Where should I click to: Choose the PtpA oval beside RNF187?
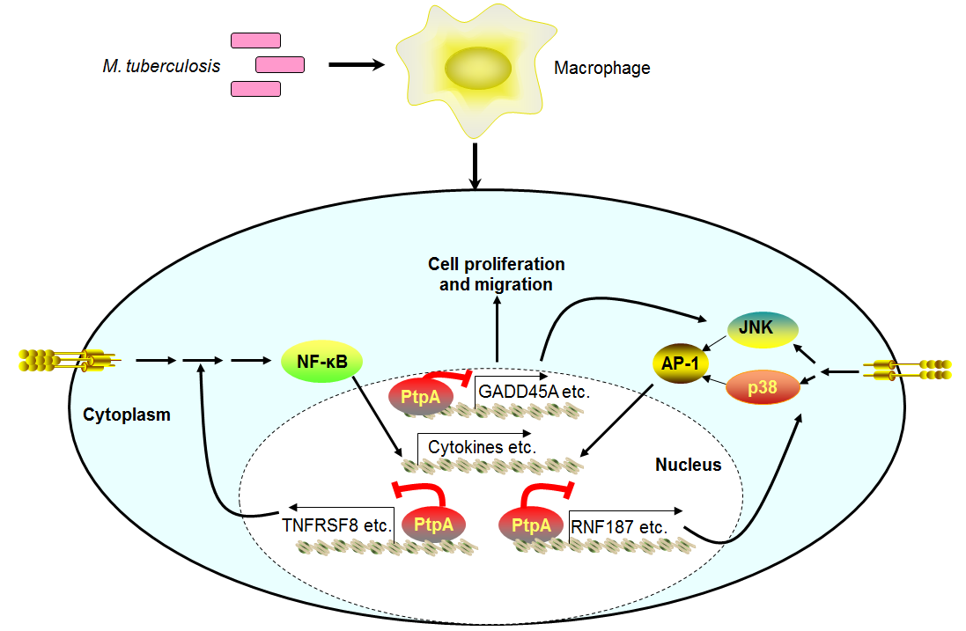[x=530, y=525]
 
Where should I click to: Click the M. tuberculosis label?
[x=161, y=67]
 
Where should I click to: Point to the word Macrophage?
[x=602, y=68]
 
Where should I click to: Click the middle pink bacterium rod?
[x=280, y=64]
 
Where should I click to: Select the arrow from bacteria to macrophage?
[x=357, y=64]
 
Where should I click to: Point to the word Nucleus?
[x=688, y=465]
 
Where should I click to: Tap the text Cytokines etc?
[x=482, y=447]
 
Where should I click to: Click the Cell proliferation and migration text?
[x=496, y=274]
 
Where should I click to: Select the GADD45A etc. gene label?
[x=533, y=390]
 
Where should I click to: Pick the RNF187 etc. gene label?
[x=618, y=527]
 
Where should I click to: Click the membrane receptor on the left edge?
[x=65, y=360]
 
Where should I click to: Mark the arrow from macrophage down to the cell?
[x=476, y=165]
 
